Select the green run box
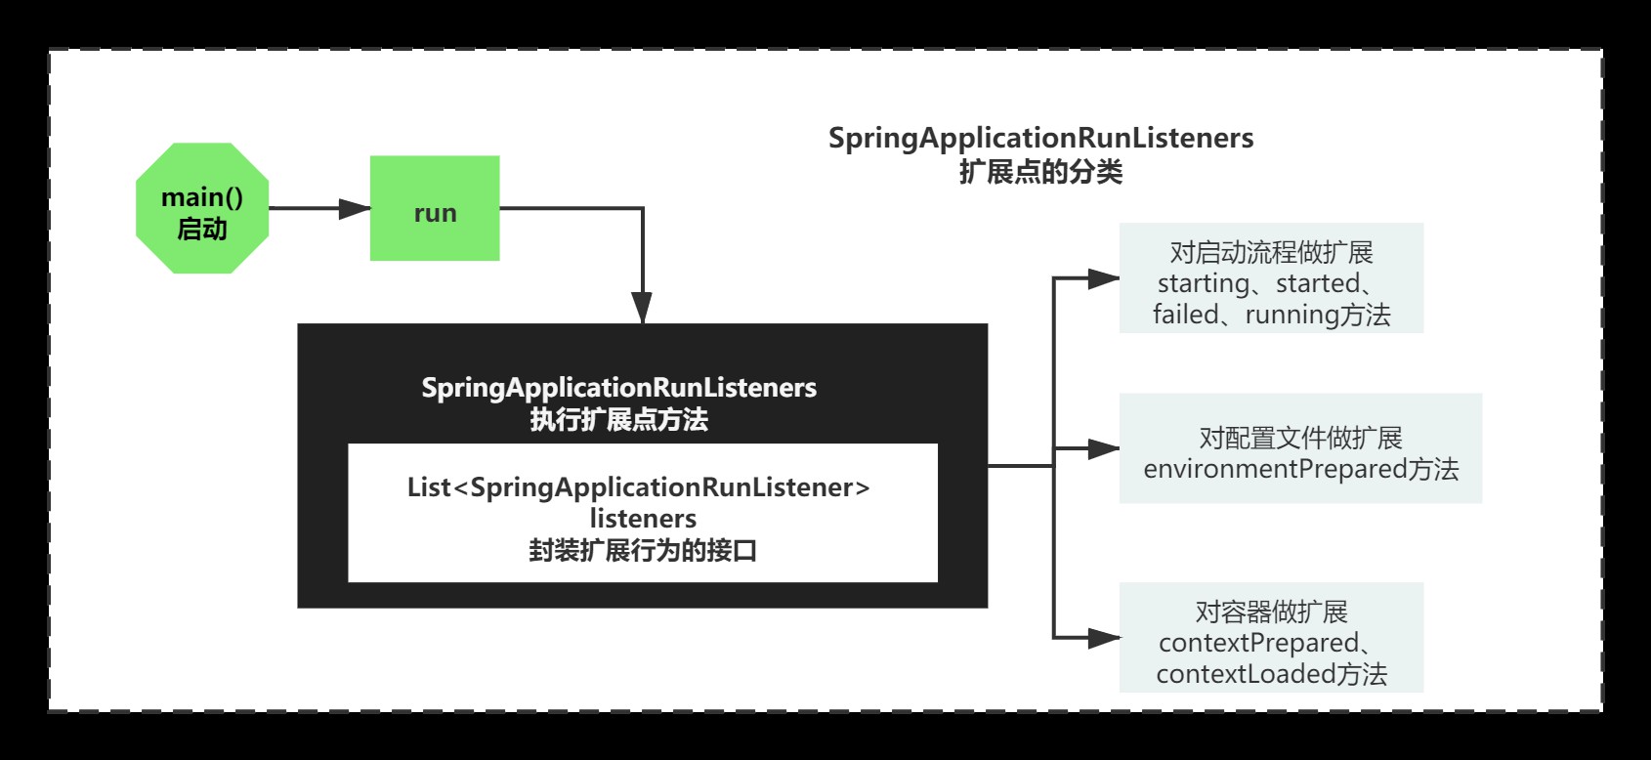[435, 208]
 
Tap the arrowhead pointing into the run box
[354, 208]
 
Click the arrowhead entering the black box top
[642, 308]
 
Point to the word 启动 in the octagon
[202, 229]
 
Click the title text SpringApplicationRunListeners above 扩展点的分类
[1040, 138]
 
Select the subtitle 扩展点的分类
[1040, 172]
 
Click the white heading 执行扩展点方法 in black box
[618, 419]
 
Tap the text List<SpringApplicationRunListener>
[638, 486]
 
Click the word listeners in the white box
[643, 518]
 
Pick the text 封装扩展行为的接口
[643, 550]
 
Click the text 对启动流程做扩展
[1271, 252]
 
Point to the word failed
[1185, 315]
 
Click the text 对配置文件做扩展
[1300, 437]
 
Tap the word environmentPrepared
[1274, 469]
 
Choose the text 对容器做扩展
[1271, 612]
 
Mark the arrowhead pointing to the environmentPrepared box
[1104, 449]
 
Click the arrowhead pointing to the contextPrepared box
[1104, 639]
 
